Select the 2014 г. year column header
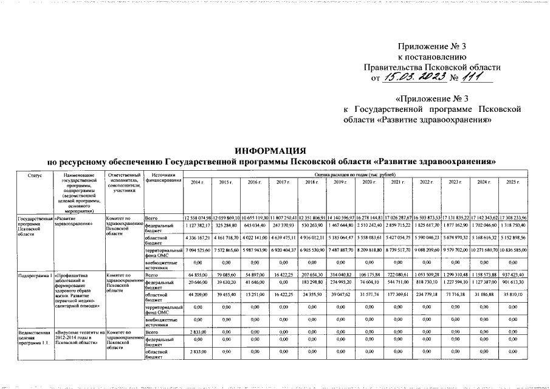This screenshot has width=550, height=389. [x=197, y=182]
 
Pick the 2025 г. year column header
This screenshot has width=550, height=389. [x=515, y=182]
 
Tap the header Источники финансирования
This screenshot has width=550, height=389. [x=163, y=178]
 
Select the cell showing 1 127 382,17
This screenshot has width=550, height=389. [x=197, y=225]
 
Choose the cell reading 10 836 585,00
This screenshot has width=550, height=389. [x=515, y=250]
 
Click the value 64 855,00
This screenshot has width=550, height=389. [x=197, y=275]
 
